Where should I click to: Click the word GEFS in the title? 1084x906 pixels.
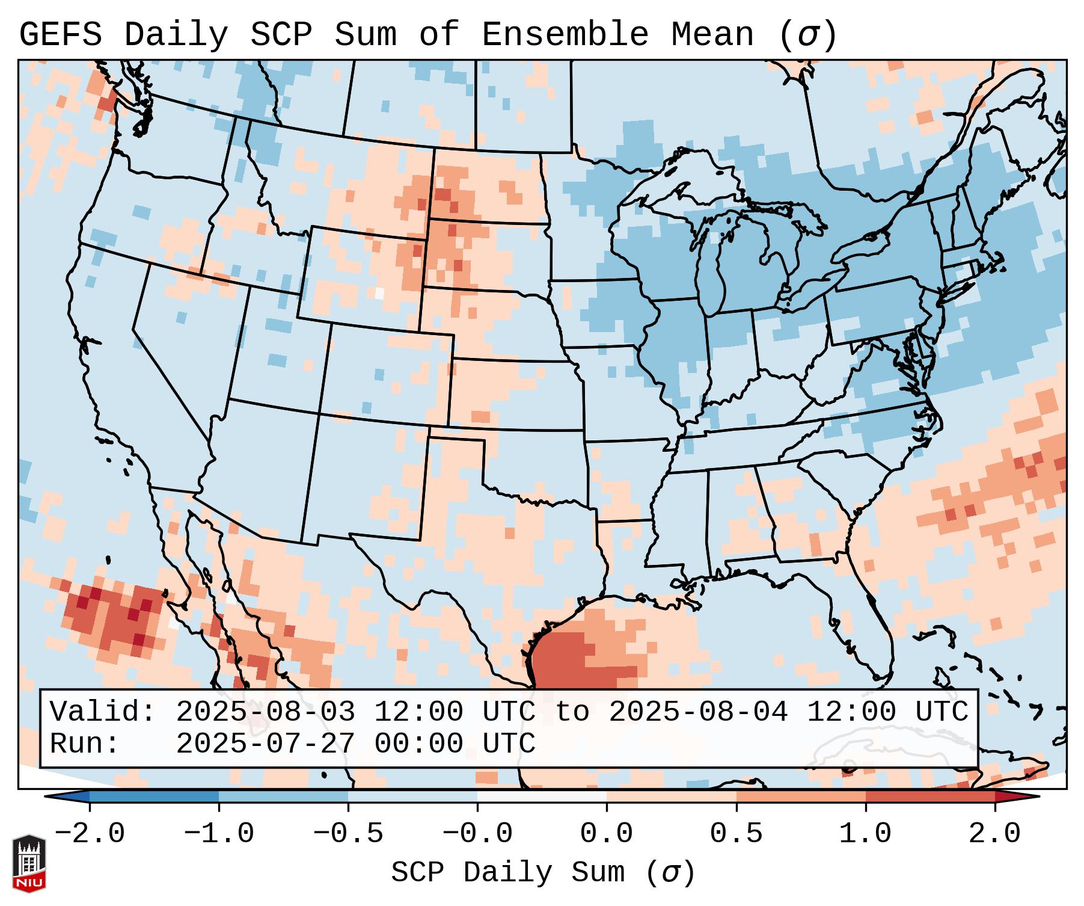60,35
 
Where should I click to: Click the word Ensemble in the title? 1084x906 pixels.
565,35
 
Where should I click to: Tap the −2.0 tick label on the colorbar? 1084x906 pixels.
90,834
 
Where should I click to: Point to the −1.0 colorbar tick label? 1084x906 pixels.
219,834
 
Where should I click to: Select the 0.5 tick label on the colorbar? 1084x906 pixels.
736,834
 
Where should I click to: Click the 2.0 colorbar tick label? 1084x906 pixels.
994,834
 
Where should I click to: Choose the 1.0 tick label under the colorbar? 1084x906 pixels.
865,834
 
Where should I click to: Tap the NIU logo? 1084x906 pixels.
29,863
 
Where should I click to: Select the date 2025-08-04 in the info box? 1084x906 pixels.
698,712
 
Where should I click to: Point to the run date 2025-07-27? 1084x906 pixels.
265,744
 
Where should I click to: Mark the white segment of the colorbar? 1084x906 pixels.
542,797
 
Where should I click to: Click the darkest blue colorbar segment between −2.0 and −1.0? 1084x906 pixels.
154,797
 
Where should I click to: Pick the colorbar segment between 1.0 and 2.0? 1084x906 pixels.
929,797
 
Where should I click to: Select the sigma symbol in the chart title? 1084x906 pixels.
807,35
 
